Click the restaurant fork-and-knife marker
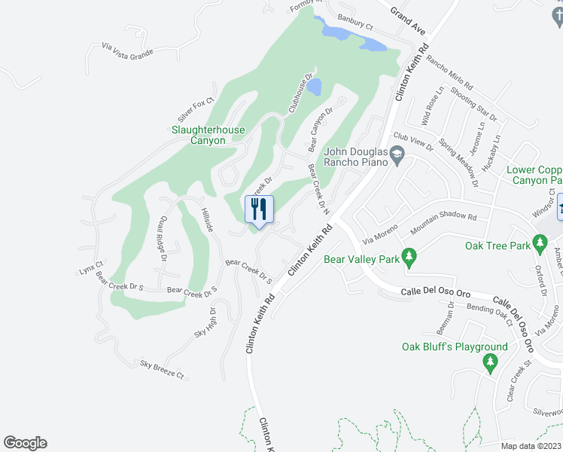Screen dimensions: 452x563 tap(260, 209)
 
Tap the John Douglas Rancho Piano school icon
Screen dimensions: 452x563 tap(398, 156)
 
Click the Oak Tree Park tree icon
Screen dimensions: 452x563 tap(540, 243)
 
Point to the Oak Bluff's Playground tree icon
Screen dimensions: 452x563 tap(491, 363)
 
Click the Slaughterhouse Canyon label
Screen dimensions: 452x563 tap(208, 135)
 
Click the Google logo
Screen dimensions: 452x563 tap(25, 443)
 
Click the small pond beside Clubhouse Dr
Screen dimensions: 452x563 tap(315, 87)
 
